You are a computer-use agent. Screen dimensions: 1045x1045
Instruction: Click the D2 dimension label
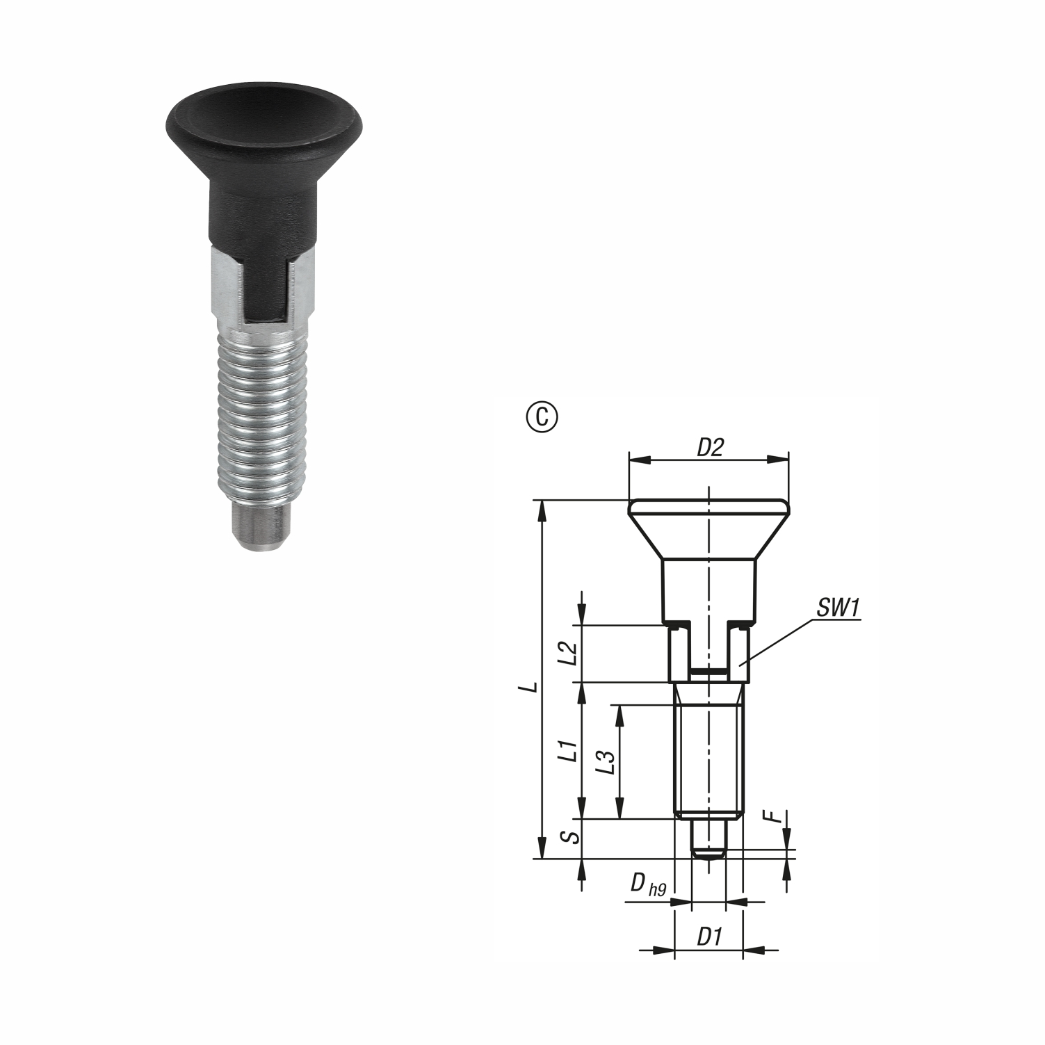point(709,448)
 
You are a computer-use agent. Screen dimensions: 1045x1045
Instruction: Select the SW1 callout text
point(838,608)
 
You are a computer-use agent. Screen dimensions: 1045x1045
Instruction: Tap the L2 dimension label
point(569,653)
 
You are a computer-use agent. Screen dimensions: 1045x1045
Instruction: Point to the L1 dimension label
point(569,752)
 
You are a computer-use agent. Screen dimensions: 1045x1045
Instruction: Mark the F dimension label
point(777,818)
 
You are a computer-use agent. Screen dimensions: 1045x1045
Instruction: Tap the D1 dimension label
point(708,937)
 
